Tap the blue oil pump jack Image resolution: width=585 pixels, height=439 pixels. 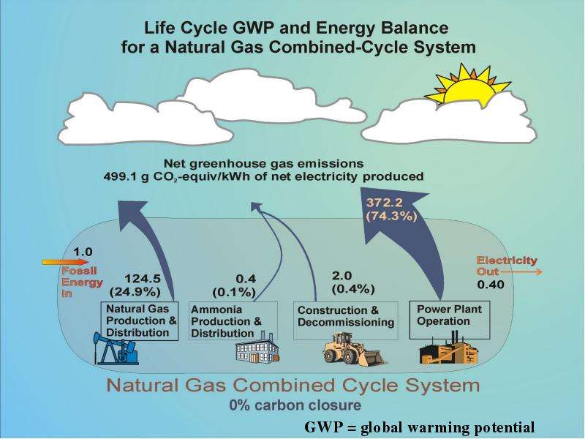(116, 348)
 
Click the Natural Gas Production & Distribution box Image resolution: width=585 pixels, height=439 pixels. (140, 321)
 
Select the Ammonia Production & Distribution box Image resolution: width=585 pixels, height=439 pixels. (233, 321)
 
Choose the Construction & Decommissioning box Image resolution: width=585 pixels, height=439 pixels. (345, 320)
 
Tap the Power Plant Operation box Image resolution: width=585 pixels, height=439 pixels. (450, 320)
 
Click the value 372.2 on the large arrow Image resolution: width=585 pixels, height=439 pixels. (385, 203)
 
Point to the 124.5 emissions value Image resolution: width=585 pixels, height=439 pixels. (142, 279)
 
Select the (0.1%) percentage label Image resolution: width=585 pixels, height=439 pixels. (234, 292)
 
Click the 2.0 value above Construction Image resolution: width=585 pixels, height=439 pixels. (341, 276)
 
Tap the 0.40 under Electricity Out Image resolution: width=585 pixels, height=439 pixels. (491, 285)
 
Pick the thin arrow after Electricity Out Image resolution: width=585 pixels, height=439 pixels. (521, 272)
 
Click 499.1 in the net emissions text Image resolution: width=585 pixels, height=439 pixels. (119, 176)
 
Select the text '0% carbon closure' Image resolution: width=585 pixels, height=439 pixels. (295, 405)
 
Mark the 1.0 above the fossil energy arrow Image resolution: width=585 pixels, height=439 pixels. (83, 252)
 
